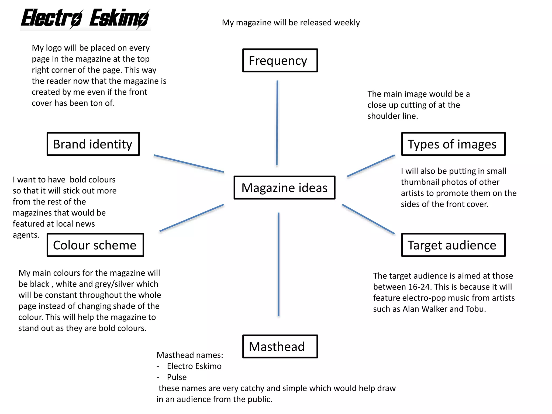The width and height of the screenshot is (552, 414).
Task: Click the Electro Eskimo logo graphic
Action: (x=85, y=19)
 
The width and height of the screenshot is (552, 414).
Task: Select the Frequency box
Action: (x=280, y=60)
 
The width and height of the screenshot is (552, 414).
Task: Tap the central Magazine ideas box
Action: (x=284, y=188)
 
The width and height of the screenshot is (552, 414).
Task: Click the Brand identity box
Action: (x=93, y=144)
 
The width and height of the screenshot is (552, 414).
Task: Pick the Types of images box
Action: (x=453, y=144)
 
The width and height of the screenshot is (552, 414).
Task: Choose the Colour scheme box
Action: (x=95, y=245)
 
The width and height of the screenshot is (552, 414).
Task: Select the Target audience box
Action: (x=453, y=245)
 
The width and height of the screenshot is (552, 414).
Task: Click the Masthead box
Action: (x=280, y=346)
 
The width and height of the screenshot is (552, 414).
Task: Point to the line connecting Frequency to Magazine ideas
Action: (x=277, y=123)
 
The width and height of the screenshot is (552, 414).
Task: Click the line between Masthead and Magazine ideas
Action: (x=278, y=264)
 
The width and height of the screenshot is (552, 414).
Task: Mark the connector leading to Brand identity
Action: (x=189, y=164)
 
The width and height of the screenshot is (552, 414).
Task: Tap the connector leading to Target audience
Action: (x=368, y=219)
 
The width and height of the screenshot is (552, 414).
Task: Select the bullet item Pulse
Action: (x=177, y=377)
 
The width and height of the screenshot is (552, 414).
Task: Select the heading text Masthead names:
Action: (x=190, y=355)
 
